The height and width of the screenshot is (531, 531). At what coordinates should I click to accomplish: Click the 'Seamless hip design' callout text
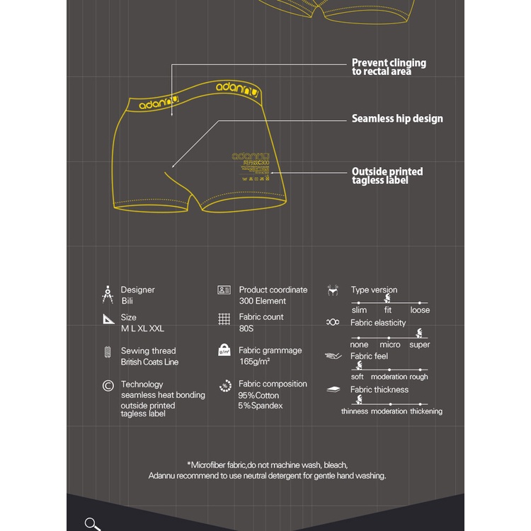click(397, 119)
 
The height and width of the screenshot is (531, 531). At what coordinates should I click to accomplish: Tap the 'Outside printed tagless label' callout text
click(387, 176)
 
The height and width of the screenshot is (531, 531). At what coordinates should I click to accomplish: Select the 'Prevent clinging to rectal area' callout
click(389, 67)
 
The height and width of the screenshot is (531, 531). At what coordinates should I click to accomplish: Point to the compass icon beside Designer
click(108, 295)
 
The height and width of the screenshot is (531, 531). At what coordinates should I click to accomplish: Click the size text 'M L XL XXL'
click(142, 329)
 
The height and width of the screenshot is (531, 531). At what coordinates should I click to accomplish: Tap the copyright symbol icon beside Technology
click(108, 386)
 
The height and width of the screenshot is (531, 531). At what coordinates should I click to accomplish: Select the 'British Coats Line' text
click(149, 362)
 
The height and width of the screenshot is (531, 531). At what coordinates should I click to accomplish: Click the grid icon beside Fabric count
click(224, 319)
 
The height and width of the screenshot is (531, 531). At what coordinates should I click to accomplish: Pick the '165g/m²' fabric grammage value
click(255, 362)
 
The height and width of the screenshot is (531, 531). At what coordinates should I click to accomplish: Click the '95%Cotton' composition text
click(259, 395)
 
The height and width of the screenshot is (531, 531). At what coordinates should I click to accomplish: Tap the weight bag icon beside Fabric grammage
click(224, 350)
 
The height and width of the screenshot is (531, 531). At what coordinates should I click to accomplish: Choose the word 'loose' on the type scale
click(420, 310)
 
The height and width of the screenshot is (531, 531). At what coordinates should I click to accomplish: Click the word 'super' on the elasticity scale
click(419, 345)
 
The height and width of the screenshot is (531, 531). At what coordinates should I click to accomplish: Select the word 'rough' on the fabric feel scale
click(418, 377)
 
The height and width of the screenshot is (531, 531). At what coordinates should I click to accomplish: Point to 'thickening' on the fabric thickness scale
click(426, 411)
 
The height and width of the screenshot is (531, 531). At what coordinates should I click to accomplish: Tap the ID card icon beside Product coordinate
click(224, 290)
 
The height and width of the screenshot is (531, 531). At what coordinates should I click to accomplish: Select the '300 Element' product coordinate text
click(263, 301)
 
